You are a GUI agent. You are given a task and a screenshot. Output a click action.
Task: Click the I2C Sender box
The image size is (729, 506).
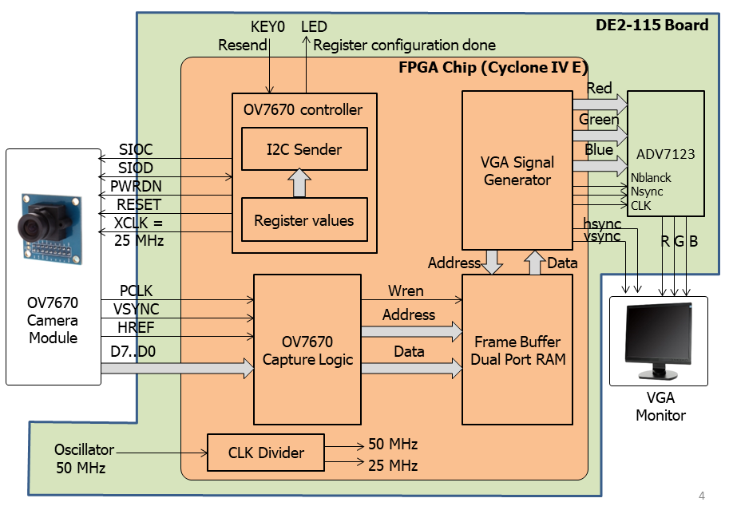pos(304,149)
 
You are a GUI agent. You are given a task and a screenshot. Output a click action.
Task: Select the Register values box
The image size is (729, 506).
pos(304,219)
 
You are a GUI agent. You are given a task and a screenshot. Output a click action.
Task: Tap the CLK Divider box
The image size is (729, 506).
pos(265,453)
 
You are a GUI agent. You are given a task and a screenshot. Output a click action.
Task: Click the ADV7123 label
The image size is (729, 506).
pos(665,154)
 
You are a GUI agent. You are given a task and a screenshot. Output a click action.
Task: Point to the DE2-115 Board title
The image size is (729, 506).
pos(652,25)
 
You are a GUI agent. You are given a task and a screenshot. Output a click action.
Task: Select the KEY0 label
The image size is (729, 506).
pos(267,27)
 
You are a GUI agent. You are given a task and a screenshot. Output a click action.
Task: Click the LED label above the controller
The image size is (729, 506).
pos(314,27)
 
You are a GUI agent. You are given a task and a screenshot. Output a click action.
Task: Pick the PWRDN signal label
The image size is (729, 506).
pos(136,186)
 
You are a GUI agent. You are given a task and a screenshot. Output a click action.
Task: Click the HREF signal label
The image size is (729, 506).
pos(136,327)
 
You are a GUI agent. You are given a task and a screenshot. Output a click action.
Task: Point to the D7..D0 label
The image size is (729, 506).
pos(133,351)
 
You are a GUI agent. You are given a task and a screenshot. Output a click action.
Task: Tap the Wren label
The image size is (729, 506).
pos(406,291)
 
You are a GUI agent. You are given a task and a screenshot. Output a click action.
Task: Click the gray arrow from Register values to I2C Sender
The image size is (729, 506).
pos(299,183)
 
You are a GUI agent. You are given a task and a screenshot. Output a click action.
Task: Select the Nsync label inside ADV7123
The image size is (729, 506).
pos(646,192)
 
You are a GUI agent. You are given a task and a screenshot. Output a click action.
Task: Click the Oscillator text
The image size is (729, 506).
pos(84,449)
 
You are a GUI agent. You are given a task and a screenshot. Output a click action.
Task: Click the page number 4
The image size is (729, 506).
pos(702,496)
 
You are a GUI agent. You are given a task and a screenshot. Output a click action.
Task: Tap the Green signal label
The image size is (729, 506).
pos(599,120)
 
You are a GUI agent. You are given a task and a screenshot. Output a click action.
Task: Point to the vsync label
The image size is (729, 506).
pos(602,236)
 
